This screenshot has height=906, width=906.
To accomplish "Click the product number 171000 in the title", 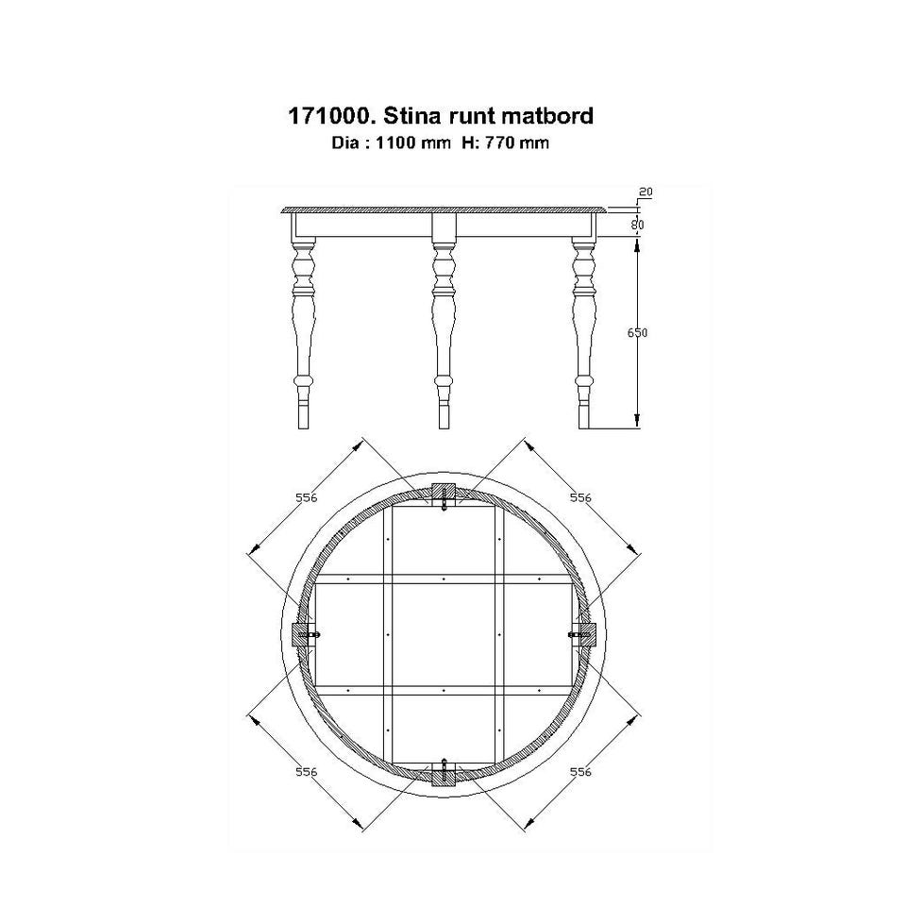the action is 328,116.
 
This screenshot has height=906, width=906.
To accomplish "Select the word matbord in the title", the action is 547,116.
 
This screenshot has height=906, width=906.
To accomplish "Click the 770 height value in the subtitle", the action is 498,143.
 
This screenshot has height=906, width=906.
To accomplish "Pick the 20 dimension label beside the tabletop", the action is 646,192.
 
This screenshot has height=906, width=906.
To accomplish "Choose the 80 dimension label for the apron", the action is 637,225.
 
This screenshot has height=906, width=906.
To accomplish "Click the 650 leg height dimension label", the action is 637,332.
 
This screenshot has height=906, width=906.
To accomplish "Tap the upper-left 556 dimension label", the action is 306,497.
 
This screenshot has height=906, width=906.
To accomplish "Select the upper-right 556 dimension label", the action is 580,497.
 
